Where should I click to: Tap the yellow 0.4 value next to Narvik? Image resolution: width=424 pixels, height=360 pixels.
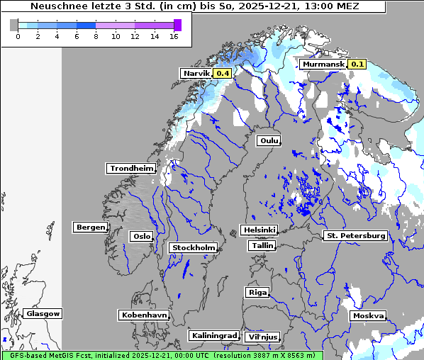pyautogui.click(x=223, y=73)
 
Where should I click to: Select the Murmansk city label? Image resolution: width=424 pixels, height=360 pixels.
pyautogui.click(x=323, y=64)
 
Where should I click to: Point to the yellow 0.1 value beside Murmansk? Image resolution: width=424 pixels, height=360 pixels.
pyautogui.click(x=357, y=64)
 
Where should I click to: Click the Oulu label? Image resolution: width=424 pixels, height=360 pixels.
pyautogui.click(x=269, y=140)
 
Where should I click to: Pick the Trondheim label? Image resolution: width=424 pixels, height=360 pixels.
pyautogui.click(x=131, y=168)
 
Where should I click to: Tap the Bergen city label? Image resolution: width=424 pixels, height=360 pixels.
pyautogui.click(x=89, y=227)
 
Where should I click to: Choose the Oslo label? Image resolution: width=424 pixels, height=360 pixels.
pyautogui.click(x=141, y=236)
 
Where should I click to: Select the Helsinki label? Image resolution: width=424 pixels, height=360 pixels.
pyautogui.click(x=259, y=230)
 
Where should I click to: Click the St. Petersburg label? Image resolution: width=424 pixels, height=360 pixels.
pyautogui.click(x=355, y=235)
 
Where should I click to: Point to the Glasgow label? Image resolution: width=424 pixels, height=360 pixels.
pyautogui.click(x=43, y=313)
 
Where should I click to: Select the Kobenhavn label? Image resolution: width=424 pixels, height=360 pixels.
pyautogui.click(x=144, y=315)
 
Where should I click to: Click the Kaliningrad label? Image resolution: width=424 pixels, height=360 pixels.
pyautogui.click(x=213, y=335)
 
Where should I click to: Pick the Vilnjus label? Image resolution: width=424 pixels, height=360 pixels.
pyautogui.click(x=262, y=337)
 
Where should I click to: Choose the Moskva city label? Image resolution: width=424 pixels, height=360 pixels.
pyautogui.click(x=368, y=315)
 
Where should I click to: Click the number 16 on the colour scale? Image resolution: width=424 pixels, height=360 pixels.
pyautogui.click(x=173, y=36)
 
